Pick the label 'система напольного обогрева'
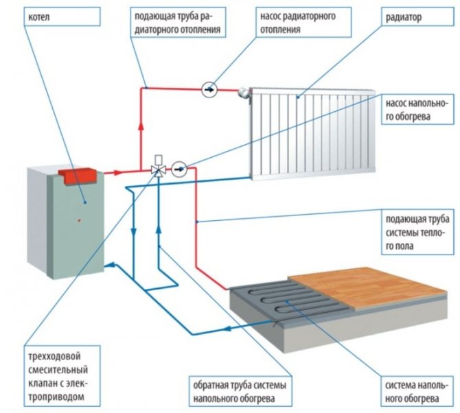coord(415,389)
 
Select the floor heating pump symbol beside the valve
coord(179,167)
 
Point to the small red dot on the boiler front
coord(80,220)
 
